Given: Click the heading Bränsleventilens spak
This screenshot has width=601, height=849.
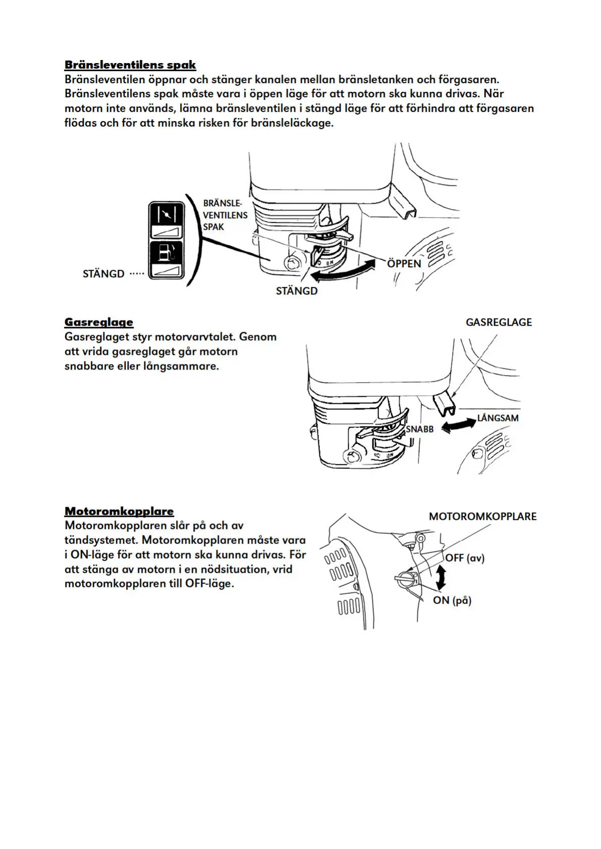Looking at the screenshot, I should coord(130,65).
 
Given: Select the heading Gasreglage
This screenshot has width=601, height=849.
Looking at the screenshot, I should coord(99,322).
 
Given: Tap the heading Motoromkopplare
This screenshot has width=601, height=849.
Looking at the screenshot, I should coord(119,511).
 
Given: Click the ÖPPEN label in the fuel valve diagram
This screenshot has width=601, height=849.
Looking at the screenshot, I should coord(404,264).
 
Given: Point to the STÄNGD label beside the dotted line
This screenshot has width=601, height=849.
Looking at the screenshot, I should coord(103,274).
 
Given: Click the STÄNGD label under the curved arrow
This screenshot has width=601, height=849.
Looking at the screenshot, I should coord(297,291).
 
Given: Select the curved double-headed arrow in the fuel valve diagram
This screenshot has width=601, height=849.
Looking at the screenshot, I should coord(343,271).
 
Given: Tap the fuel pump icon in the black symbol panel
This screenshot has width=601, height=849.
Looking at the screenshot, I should coord(165,252).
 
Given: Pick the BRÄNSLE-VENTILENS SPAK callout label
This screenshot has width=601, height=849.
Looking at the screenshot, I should coord(225,215).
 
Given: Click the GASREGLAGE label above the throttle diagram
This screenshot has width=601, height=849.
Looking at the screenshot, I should coord(499,323).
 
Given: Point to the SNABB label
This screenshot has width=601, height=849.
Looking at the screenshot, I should coord(420,430).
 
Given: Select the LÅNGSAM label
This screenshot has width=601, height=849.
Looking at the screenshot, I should coord(498,418).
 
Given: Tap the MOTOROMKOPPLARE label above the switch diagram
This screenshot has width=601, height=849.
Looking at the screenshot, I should coord(482,517).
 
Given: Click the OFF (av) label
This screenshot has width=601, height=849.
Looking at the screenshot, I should coord(464,558).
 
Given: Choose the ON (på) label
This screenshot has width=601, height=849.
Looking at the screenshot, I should coord(452,600).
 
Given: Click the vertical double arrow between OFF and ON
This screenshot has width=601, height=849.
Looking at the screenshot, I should coord(441,578).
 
